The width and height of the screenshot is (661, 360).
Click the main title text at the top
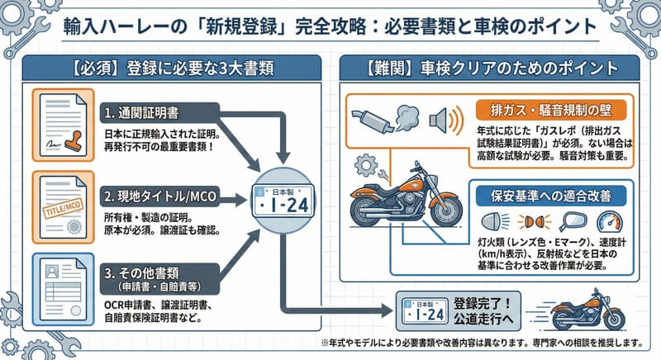click(330, 26)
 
